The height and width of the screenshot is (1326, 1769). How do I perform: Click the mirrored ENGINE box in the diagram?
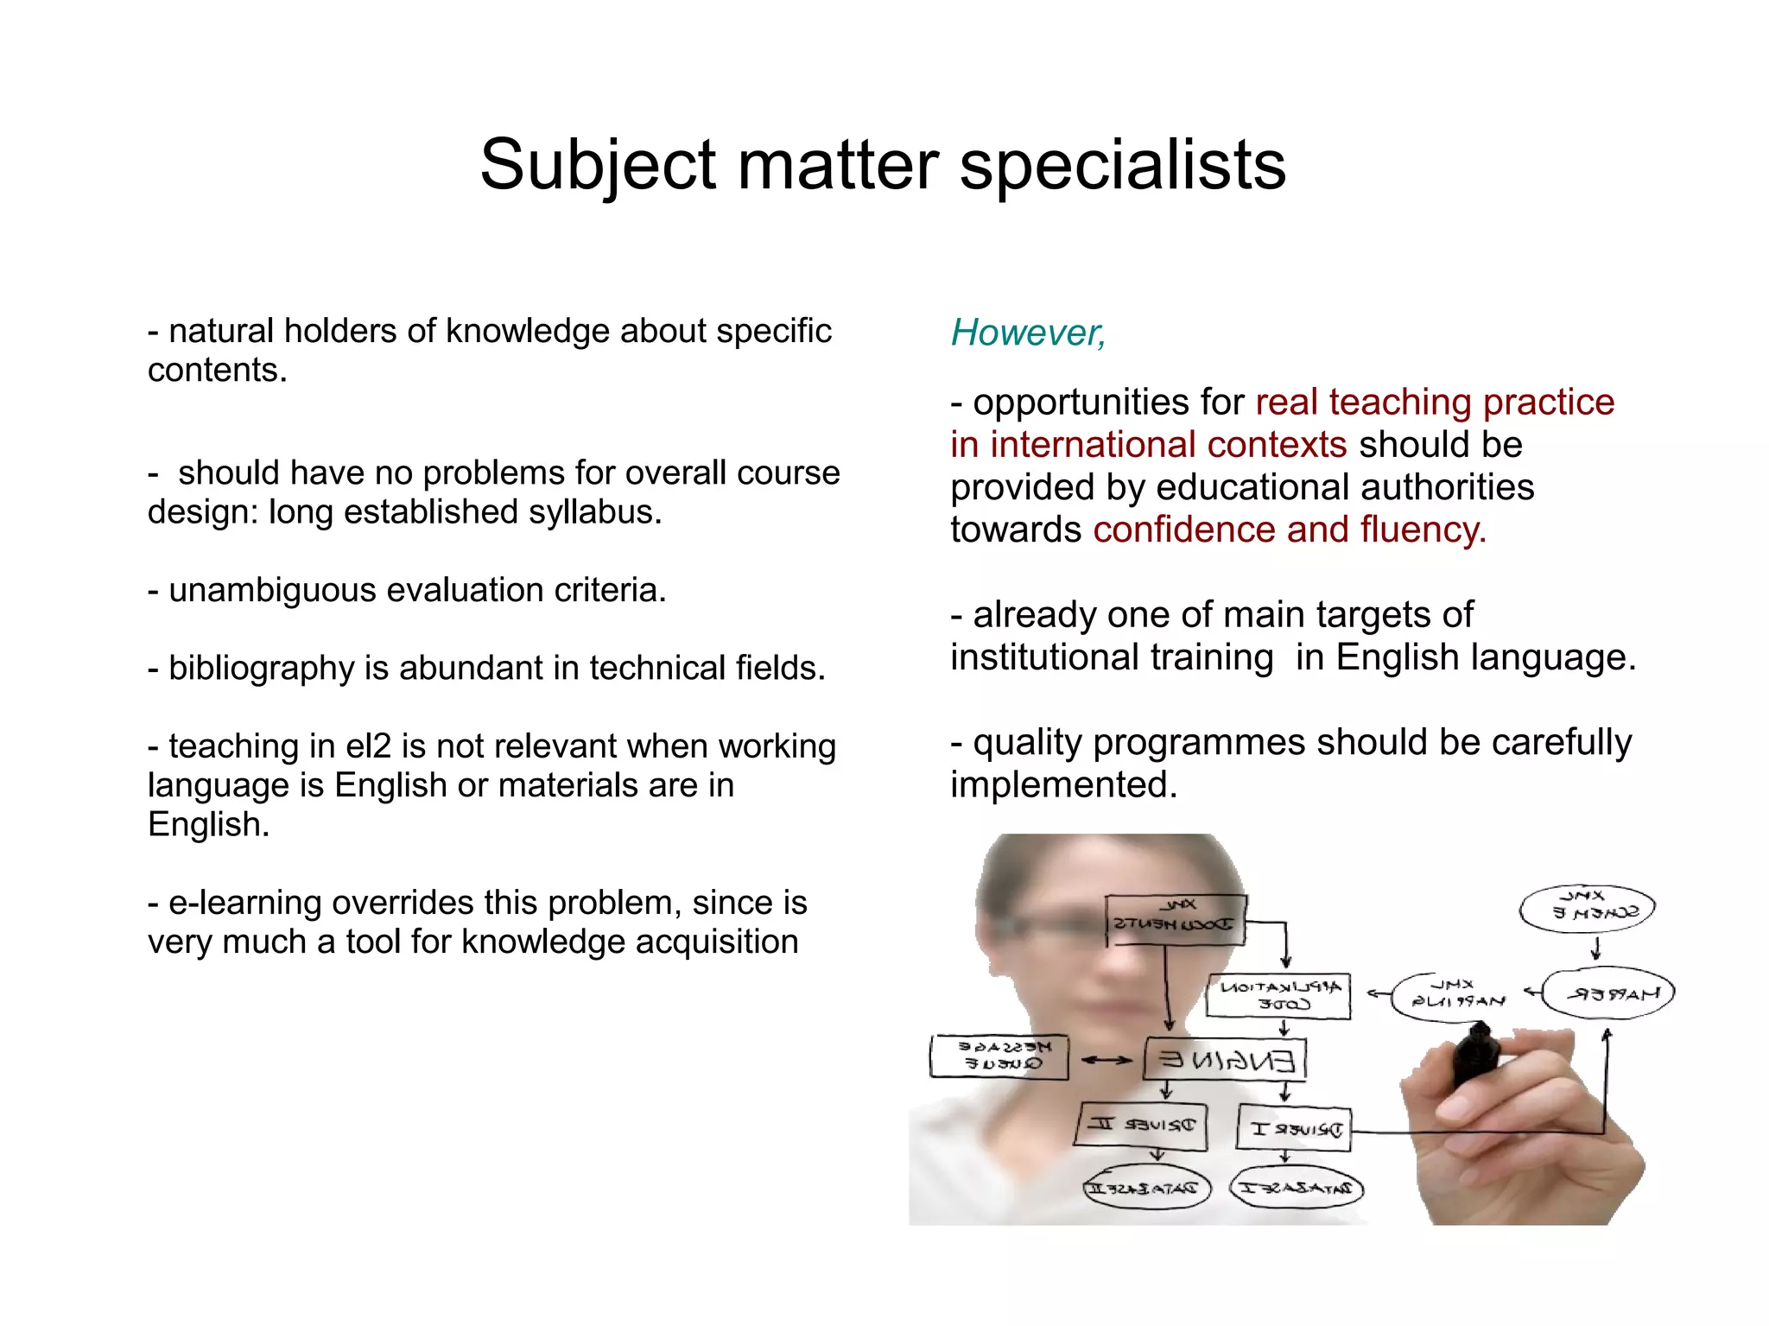(1225, 1059)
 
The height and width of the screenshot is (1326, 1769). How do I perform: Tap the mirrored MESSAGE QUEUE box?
(999, 1056)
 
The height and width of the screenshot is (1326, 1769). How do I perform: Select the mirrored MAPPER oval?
(1608, 993)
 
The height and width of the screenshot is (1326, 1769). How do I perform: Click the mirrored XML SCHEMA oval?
(1588, 909)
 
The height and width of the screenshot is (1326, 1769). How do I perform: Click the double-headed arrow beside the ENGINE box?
(1106, 1060)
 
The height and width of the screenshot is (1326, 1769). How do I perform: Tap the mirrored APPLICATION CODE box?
(1279, 996)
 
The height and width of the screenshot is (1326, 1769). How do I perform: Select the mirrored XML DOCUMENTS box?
(1175, 919)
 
